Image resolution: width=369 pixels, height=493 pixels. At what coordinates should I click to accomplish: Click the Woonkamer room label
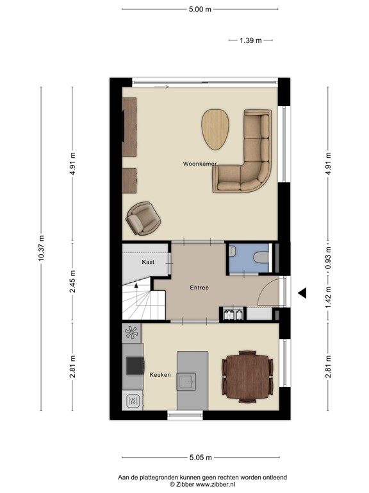[x=200, y=164]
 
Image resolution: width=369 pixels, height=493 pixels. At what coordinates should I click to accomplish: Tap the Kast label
[x=148, y=263]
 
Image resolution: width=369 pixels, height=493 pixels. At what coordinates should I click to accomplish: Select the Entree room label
[x=199, y=288]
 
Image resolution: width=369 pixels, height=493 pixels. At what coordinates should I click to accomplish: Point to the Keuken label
[x=160, y=374]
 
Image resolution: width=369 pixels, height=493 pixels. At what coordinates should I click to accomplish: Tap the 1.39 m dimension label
[x=250, y=40]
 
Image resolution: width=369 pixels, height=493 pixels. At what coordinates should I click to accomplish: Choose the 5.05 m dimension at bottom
[x=200, y=457]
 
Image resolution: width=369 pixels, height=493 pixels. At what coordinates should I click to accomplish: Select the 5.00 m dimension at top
[x=200, y=9]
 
